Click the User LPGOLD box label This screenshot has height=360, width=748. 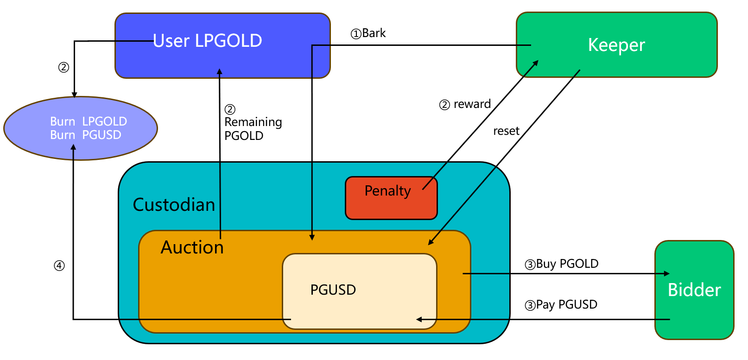tap(207, 41)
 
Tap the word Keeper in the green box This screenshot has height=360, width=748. tap(616, 45)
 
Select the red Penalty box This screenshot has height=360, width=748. tap(391, 198)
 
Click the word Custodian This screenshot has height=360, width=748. tap(174, 205)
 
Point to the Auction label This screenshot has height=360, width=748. tap(192, 247)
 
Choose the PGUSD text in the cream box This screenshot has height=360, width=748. tap(333, 290)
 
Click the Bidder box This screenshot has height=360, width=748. tap(694, 290)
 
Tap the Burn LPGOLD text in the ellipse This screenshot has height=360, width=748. tap(88, 121)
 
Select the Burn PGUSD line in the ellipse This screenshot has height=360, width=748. tap(85, 135)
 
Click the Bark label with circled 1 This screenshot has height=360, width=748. tap(368, 33)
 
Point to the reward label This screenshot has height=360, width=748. tap(472, 104)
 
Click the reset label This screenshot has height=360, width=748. tap(506, 131)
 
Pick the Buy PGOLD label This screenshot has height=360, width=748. tap(562, 264)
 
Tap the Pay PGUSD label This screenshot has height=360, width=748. tap(561, 305)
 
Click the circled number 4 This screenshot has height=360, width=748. tap(59, 266)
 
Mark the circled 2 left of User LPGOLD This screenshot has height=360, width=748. tap(63, 68)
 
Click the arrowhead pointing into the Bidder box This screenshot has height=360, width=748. tap(667, 273)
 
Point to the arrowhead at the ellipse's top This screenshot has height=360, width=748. tap(74, 95)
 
